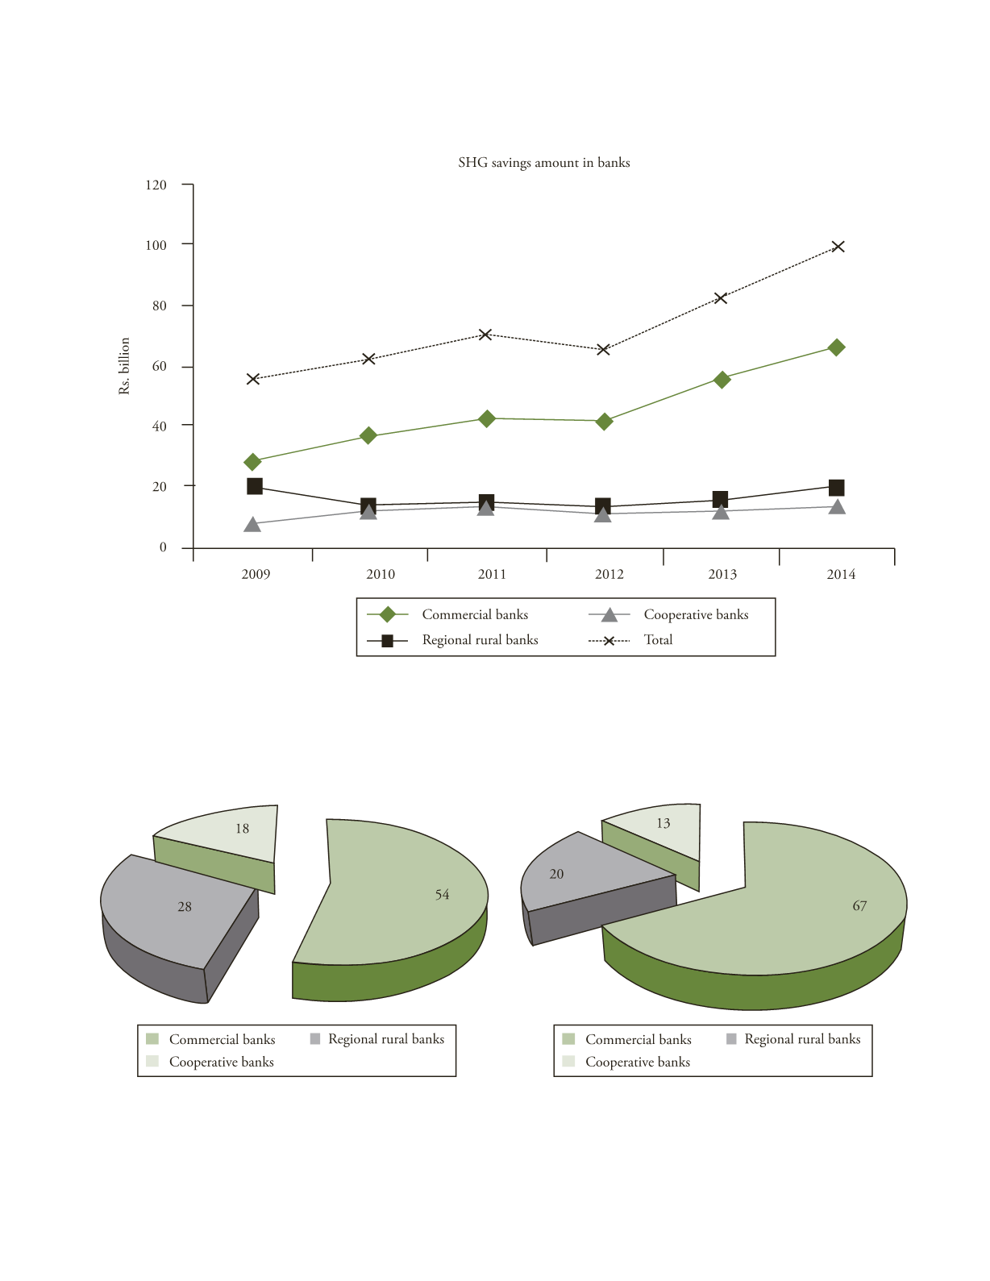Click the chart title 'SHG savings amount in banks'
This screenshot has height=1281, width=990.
pyautogui.click(x=543, y=163)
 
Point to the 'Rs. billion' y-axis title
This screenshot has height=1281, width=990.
pyautogui.click(x=124, y=366)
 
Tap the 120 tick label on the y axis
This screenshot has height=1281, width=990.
pyautogui.click(x=156, y=185)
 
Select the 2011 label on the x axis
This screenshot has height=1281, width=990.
pyautogui.click(x=492, y=574)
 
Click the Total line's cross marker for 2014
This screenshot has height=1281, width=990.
pyautogui.click(x=838, y=247)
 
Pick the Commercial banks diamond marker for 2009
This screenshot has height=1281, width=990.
pyautogui.click(x=252, y=462)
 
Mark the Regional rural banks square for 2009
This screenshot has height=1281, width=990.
pyautogui.click(x=255, y=486)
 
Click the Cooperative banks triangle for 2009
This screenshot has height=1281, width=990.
pyautogui.click(x=252, y=525)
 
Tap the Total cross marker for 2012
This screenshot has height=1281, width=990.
pyautogui.click(x=603, y=350)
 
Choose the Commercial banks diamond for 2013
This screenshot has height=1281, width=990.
pyautogui.click(x=722, y=380)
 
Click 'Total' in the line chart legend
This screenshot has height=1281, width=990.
pyautogui.click(x=658, y=640)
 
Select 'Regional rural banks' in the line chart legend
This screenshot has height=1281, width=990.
pyautogui.click(x=480, y=640)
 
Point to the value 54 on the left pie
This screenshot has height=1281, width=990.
pyautogui.click(x=442, y=895)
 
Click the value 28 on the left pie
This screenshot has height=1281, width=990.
pyautogui.click(x=185, y=907)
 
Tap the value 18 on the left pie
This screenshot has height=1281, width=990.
pyautogui.click(x=242, y=829)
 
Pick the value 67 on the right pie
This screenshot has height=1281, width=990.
pyautogui.click(x=859, y=906)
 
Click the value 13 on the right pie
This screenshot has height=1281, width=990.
pyautogui.click(x=663, y=824)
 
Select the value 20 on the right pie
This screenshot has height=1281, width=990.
pyautogui.click(x=556, y=874)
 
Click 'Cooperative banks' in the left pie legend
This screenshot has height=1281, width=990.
pyautogui.click(x=221, y=1063)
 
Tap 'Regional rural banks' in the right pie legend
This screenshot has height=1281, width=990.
pyautogui.click(x=802, y=1039)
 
